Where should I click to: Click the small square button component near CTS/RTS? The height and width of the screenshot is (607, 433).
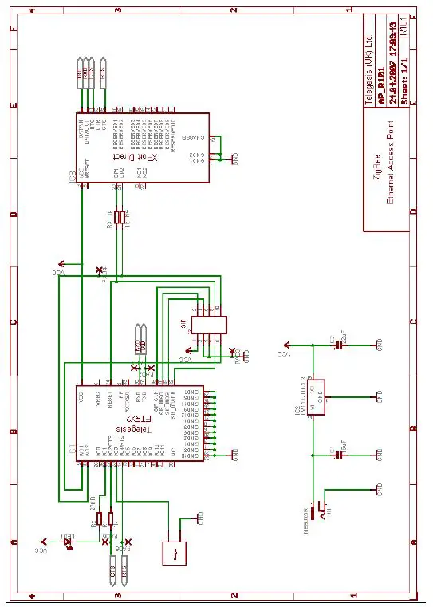[172, 552]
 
